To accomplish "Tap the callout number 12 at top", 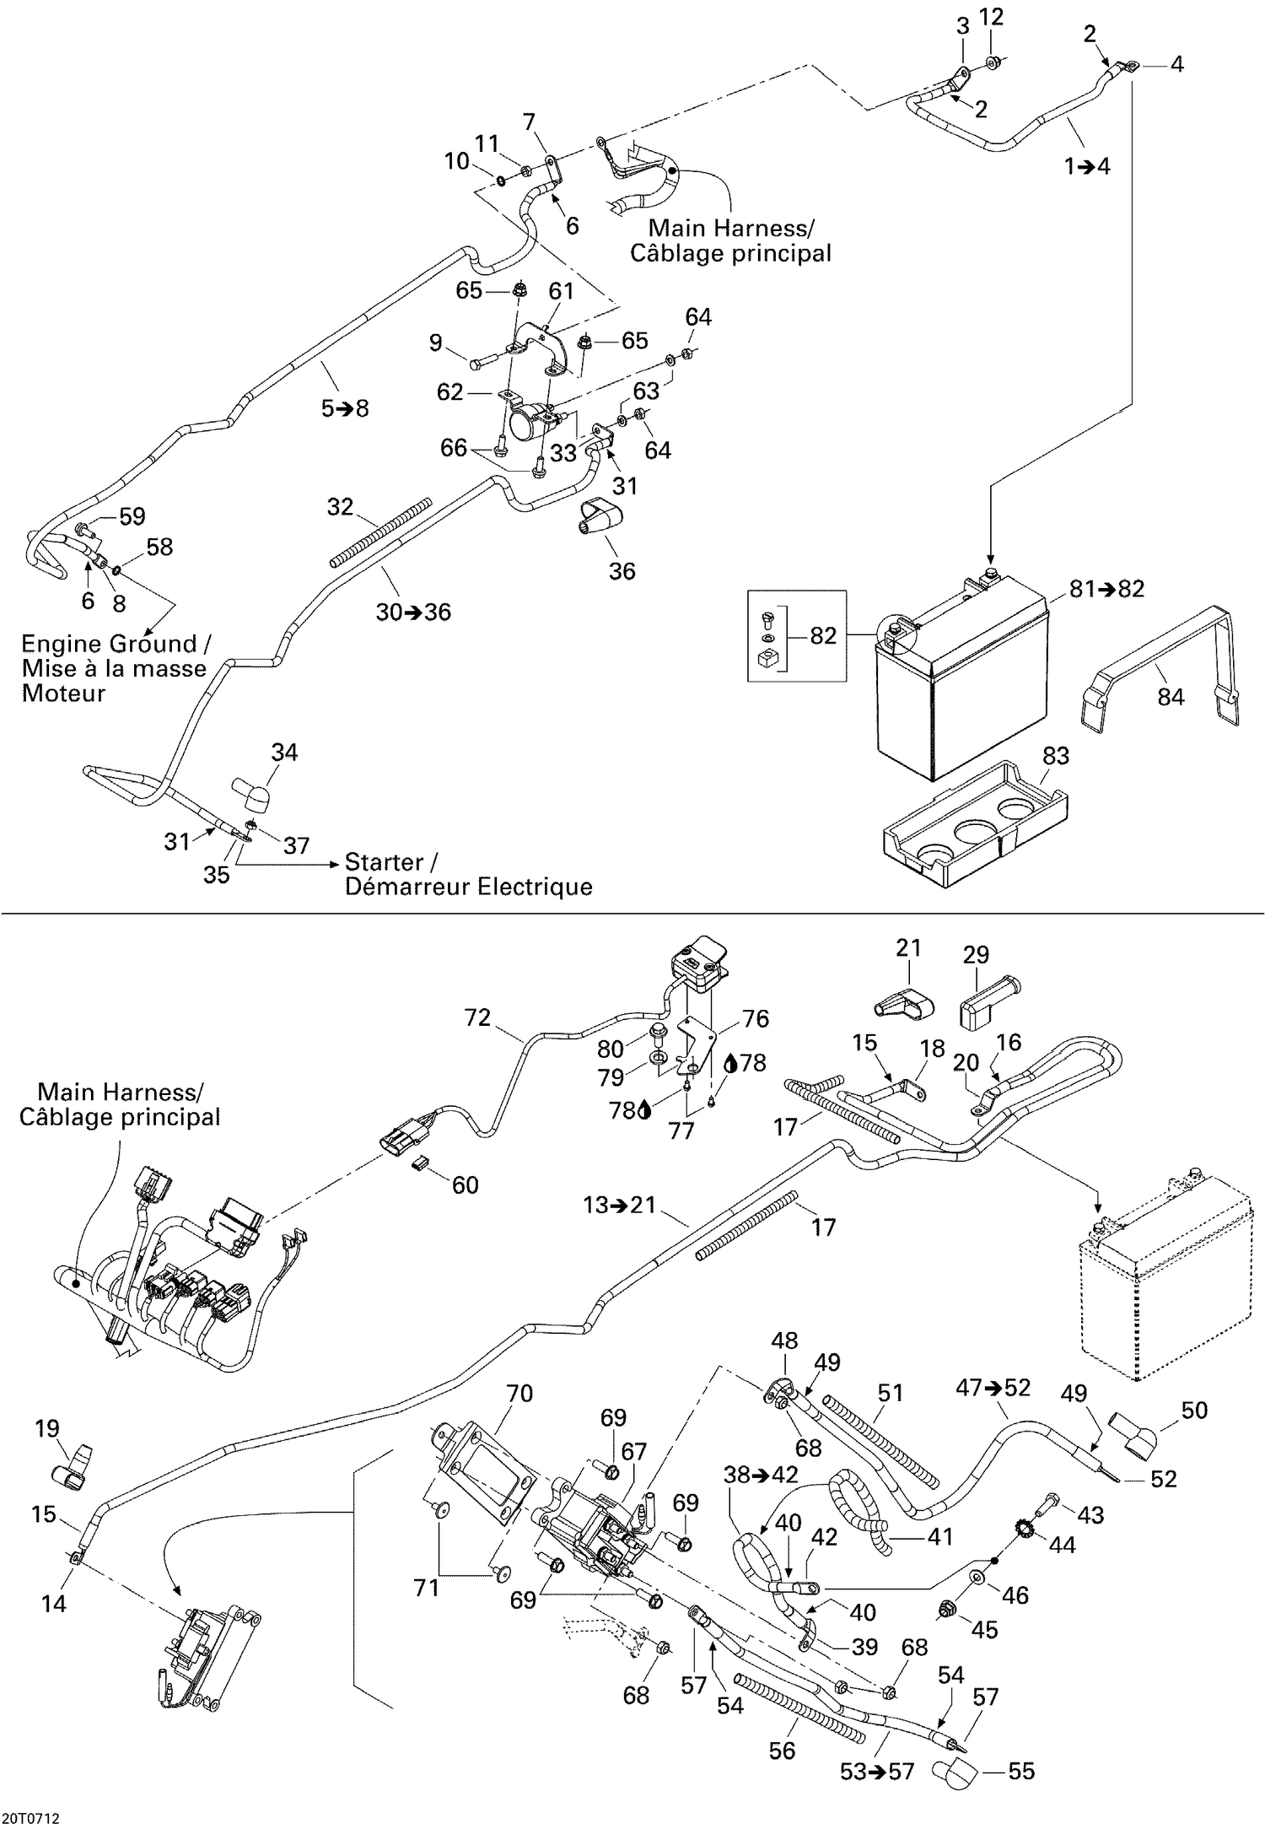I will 992,17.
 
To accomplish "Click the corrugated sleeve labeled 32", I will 379,531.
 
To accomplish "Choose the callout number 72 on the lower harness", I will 477,1017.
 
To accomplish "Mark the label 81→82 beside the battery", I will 1106,589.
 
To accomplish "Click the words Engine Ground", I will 108,644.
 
